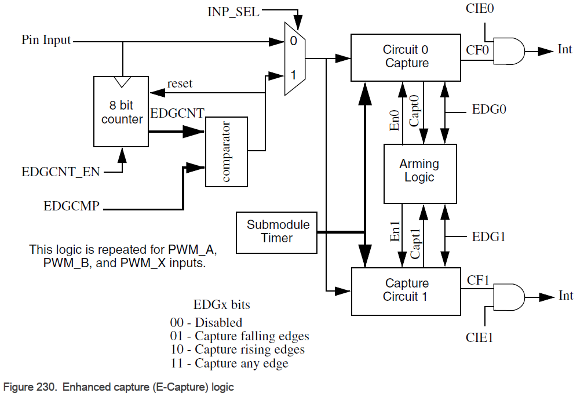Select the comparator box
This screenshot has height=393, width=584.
click(x=227, y=152)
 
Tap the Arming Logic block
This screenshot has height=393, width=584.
click(x=420, y=171)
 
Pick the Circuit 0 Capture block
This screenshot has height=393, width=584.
click(x=406, y=57)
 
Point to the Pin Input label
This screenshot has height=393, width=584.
click(x=46, y=41)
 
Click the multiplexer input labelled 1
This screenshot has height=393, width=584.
click(x=293, y=75)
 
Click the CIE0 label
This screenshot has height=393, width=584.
click(x=479, y=9)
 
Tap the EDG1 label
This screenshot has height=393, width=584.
click(x=490, y=237)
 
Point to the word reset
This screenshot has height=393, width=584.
click(x=180, y=83)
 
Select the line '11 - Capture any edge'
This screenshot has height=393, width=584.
click(x=229, y=363)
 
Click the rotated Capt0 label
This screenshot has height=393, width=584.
click(x=414, y=111)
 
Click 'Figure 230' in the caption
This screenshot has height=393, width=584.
click(x=29, y=387)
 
